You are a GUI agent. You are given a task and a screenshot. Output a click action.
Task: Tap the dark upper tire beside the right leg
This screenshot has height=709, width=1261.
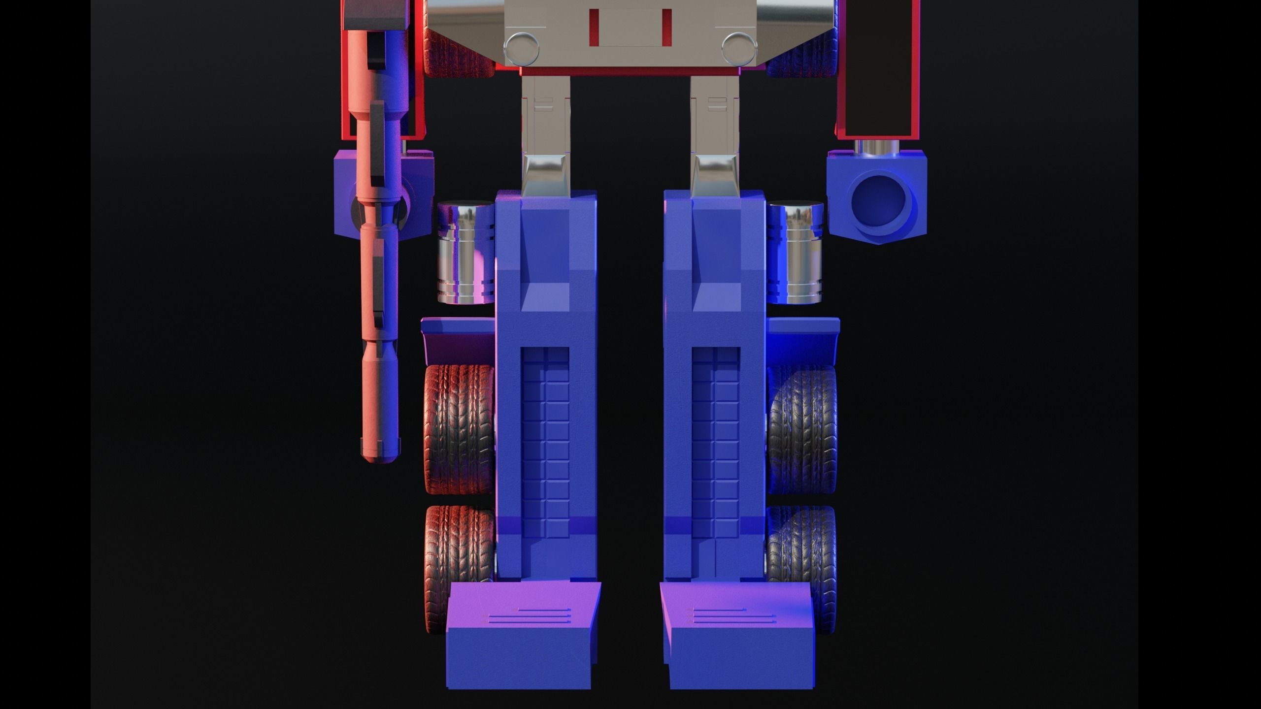(802, 429)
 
